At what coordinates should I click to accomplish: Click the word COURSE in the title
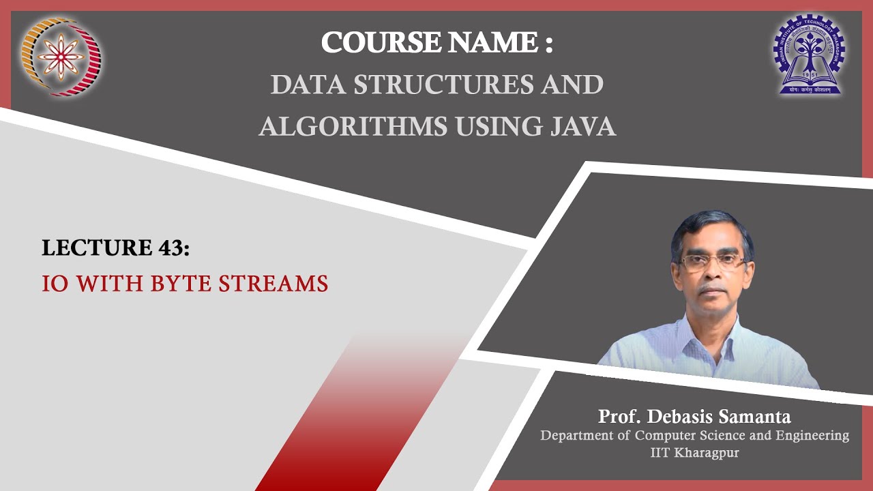coord(382,42)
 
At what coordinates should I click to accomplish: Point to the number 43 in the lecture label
coord(171,248)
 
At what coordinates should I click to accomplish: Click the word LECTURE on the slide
coord(97,248)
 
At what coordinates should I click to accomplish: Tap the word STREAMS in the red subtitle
coord(273,283)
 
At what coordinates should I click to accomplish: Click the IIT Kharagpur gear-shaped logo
coord(809,54)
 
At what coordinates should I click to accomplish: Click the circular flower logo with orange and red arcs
coord(61,57)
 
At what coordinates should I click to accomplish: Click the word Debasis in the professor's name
coord(680,416)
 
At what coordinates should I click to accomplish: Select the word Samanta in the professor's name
coord(755,416)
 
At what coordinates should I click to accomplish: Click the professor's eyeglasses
coord(711,263)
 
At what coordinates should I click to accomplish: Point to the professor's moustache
coord(713,288)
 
